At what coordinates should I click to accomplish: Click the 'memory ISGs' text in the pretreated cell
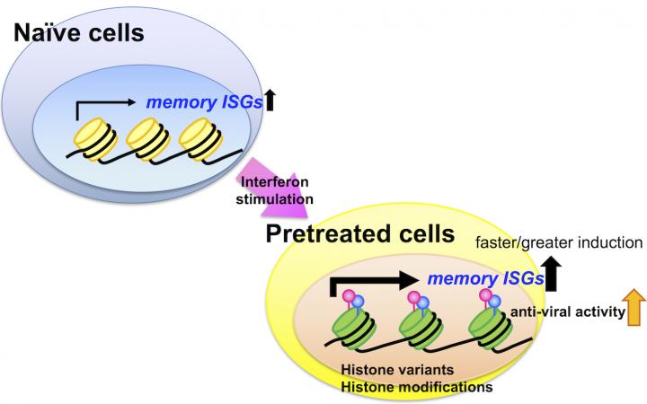point(486,279)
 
